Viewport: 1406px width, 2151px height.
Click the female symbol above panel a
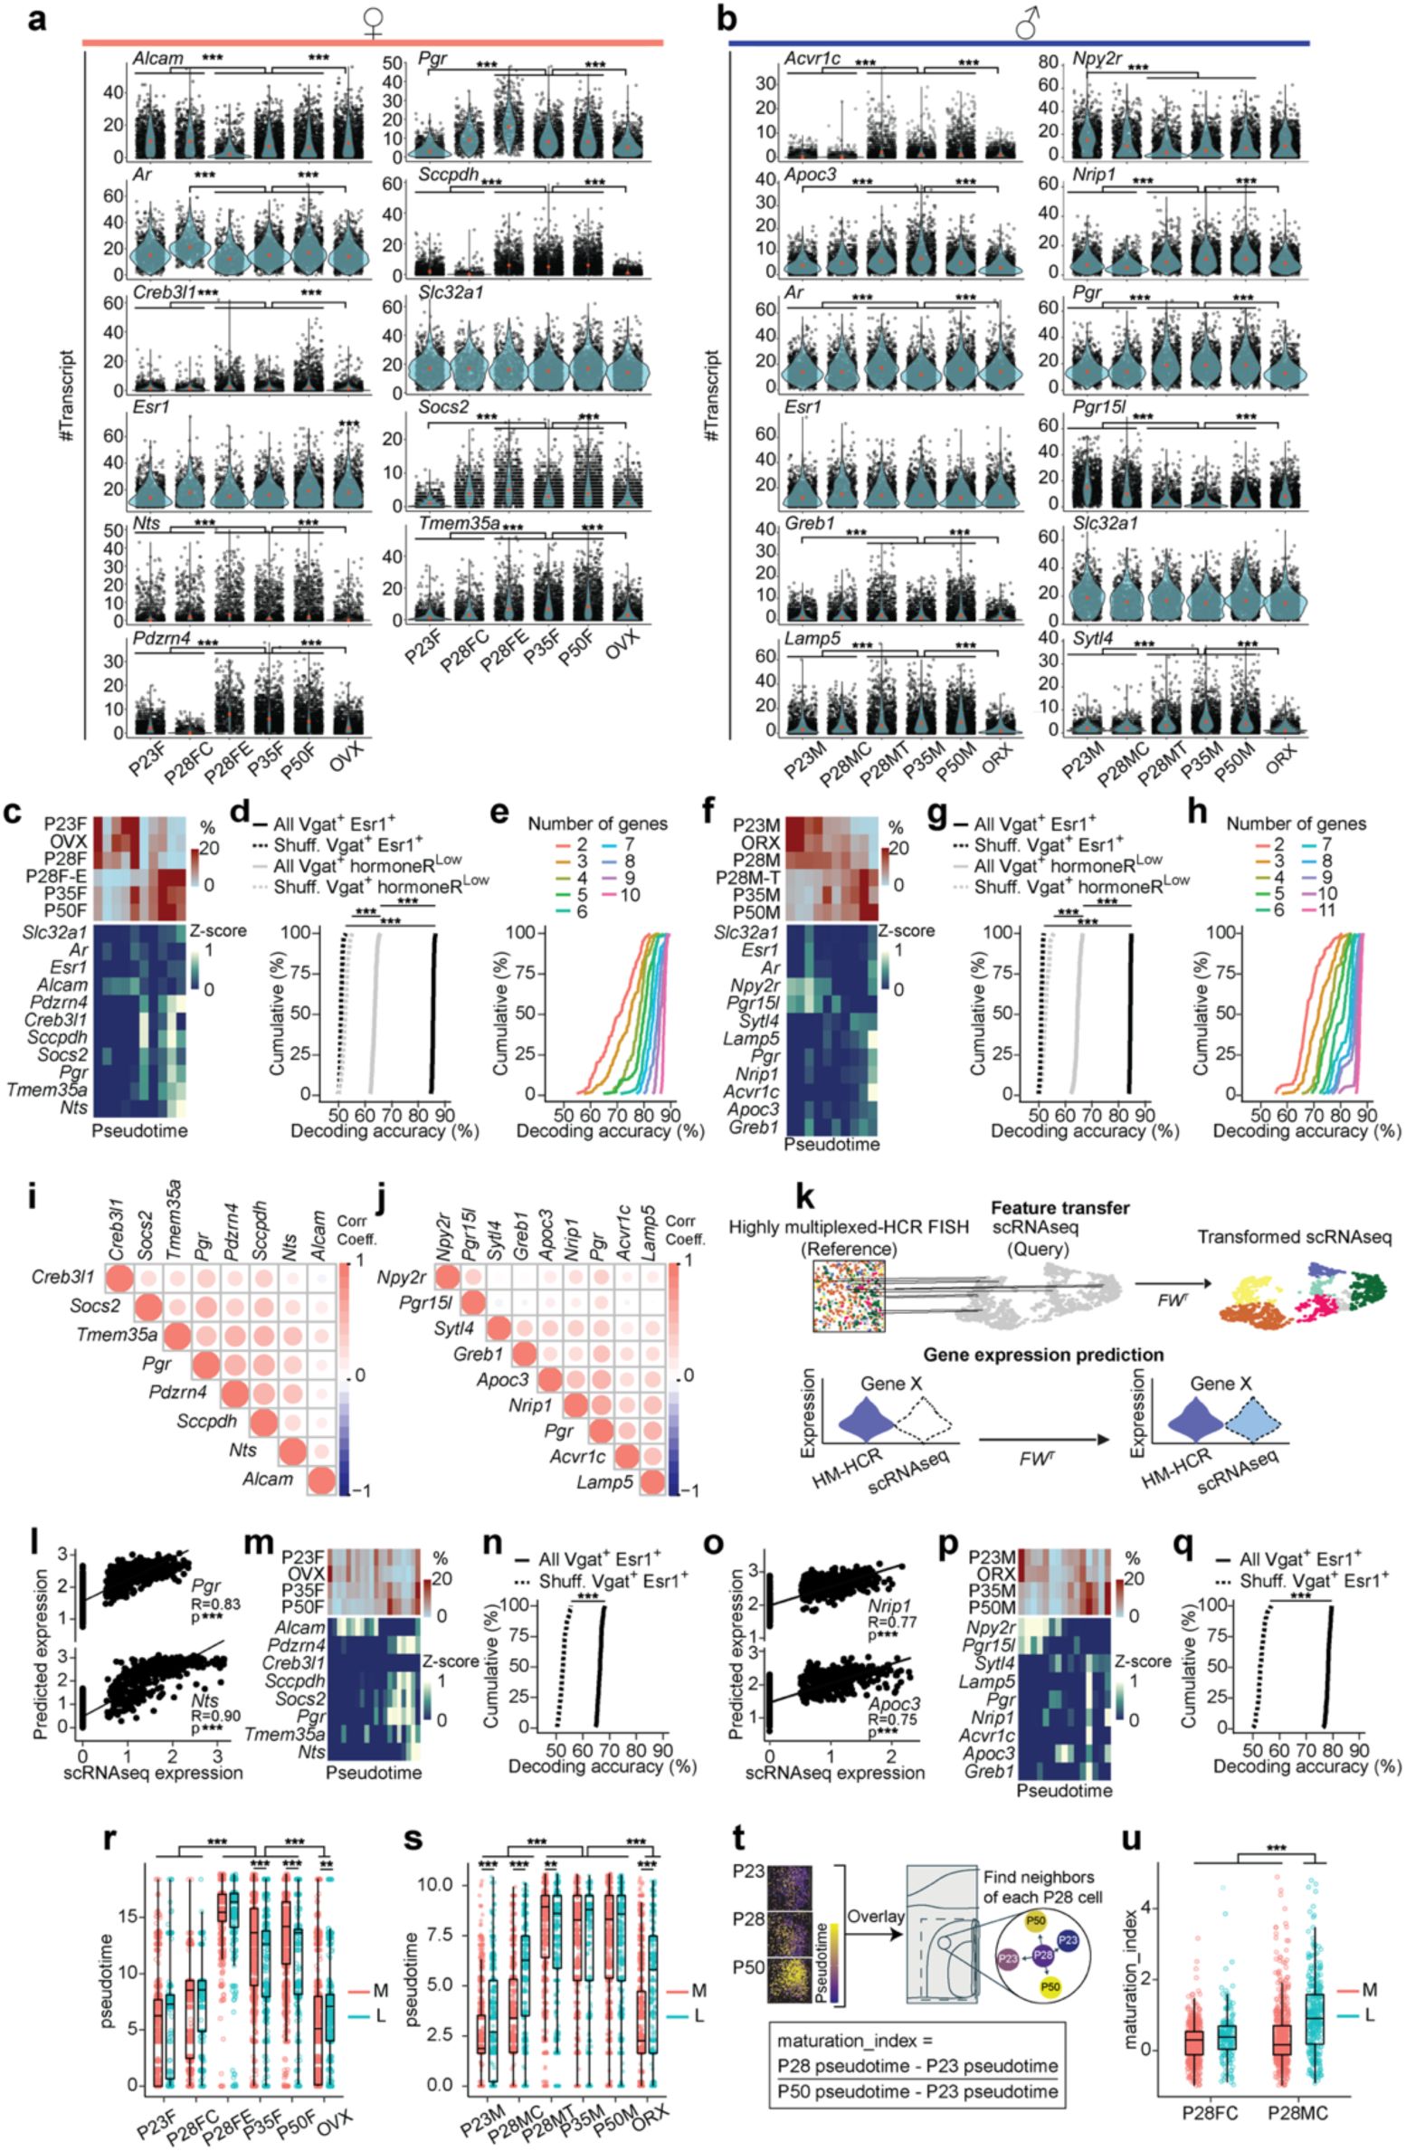tap(373, 23)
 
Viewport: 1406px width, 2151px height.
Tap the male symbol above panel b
tap(1027, 23)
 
